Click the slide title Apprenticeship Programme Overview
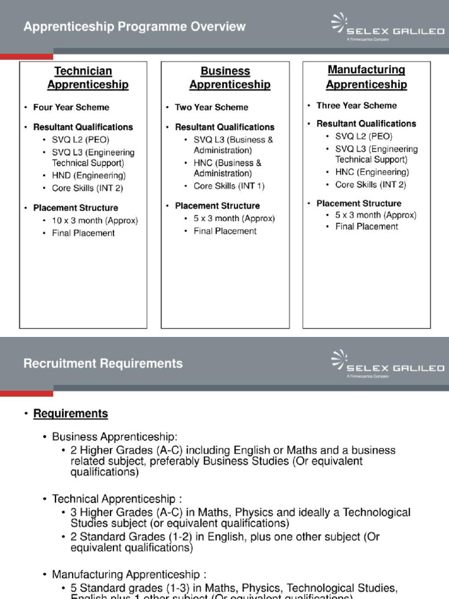pos(134,27)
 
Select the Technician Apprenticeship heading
pos(83,78)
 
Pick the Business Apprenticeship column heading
pos(226,78)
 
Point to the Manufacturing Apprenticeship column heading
pos(366,77)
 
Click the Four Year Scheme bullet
pos(71,107)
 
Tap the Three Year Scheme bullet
pos(356,105)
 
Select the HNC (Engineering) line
pos(372,172)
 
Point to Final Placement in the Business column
pos(224,231)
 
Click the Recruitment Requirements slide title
pos(103,364)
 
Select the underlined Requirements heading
pos(70,414)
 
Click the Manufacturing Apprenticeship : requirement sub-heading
pos(129,574)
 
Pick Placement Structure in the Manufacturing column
pos(358,204)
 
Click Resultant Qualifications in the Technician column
pos(82,127)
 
